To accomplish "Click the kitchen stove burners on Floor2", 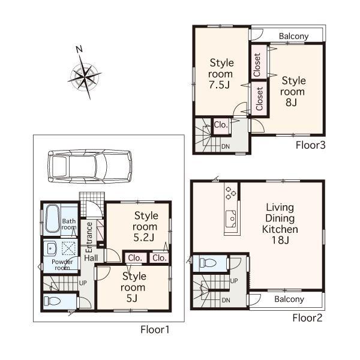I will click(x=229, y=194).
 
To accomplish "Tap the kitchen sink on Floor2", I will click(x=230, y=223).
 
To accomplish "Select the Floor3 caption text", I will click(x=310, y=145).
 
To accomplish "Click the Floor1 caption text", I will click(x=155, y=329).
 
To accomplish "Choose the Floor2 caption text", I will click(x=307, y=317).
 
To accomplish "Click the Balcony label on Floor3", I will click(x=293, y=36).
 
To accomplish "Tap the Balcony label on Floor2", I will click(x=289, y=299).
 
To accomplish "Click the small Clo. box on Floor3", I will click(x=220, y=125).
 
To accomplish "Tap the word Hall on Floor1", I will click(x=91, y=257).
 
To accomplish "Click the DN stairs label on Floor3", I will click(x=225, y=146).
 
